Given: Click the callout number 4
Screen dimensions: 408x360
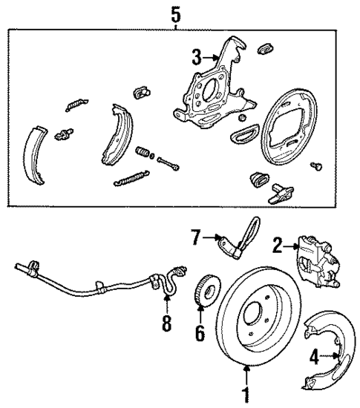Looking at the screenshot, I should coord(313,357).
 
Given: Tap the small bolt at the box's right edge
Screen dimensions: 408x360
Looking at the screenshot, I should coord(318,168).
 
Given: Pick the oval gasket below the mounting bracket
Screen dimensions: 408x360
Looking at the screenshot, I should coord(242,134).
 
